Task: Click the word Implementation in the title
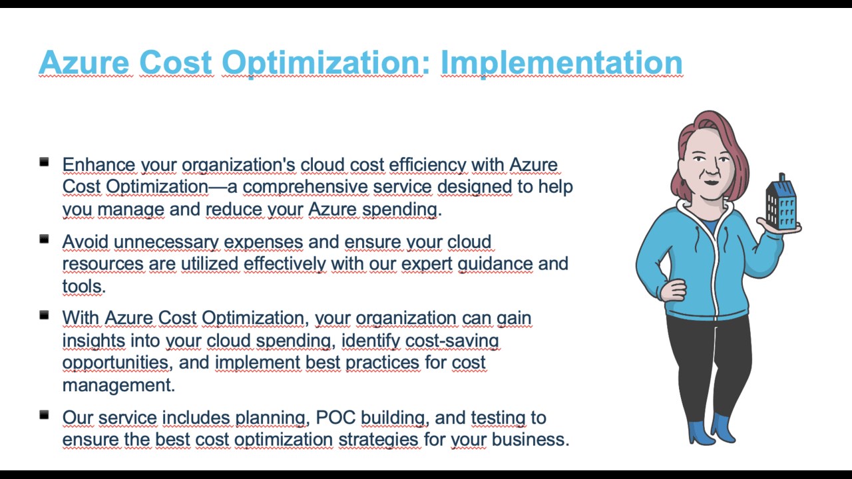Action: tap(561, 63)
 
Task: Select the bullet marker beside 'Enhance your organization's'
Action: tap(44, 162)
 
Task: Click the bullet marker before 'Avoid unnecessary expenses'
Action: tap(44, 239)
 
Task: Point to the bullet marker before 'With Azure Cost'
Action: tap(44, 315)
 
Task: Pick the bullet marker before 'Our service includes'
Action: tap(44, 414)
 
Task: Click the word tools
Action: tap(84, 286)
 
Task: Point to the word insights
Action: tap(94, 340)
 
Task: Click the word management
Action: tap(118, 385)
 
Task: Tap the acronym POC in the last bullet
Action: tap(335, 417)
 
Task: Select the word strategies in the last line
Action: tap(379, 440)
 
